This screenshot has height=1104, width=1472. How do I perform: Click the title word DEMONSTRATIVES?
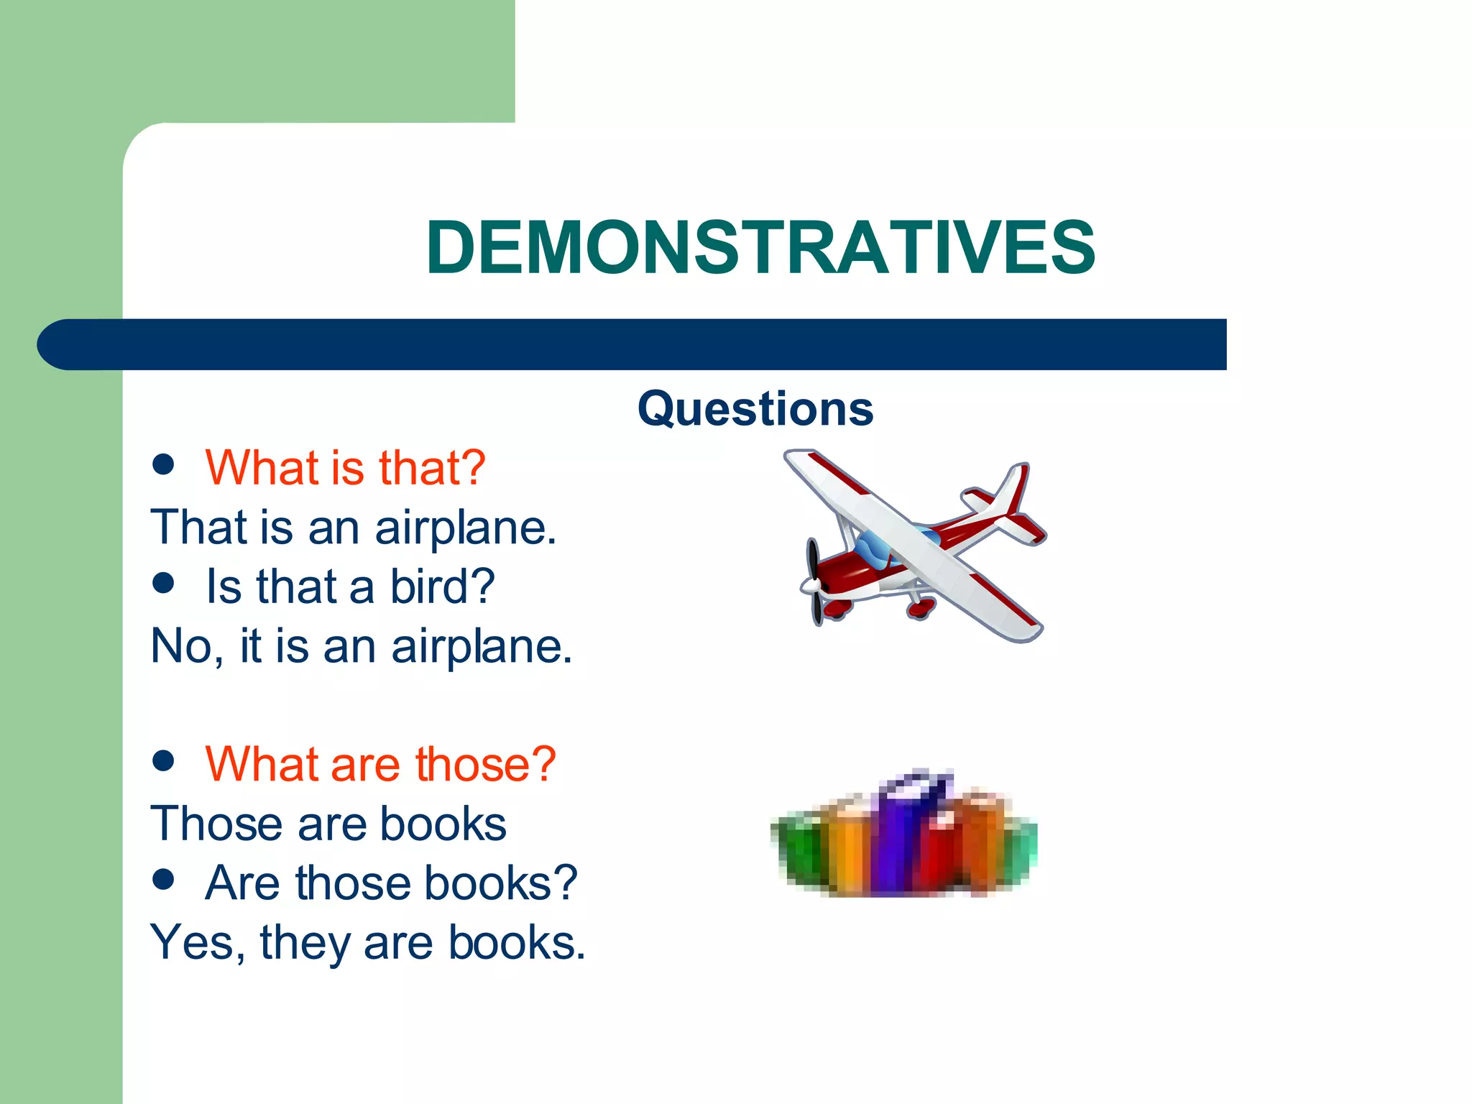[760, 247]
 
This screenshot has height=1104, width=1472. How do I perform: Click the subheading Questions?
[755, 408]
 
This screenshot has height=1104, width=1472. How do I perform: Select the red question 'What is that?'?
[345, 468]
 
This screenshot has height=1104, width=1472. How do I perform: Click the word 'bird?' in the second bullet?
[442, 586]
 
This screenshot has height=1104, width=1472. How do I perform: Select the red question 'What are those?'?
[380, 763]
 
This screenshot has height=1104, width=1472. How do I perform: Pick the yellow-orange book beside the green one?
[848, 848]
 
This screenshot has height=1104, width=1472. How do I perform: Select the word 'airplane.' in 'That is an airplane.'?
[466, 528]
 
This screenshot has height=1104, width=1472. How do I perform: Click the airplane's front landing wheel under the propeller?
[835, 609]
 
